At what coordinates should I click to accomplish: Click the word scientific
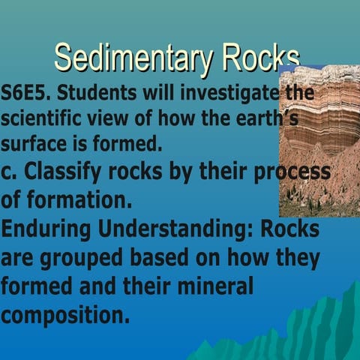(42, 118)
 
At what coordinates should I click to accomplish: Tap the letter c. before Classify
(10, 172)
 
